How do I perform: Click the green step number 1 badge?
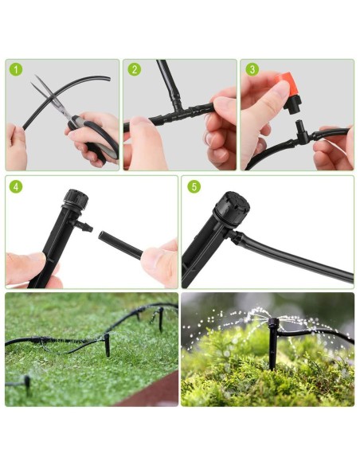16,70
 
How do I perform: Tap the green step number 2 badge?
135,70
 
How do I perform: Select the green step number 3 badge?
252,70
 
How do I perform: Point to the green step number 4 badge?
16,187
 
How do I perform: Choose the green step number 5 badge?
194,187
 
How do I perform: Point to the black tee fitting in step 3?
302,134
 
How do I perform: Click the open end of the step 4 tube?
101,236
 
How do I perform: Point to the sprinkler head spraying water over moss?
273,324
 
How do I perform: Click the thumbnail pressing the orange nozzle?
280,89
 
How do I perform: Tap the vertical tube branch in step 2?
168,80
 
